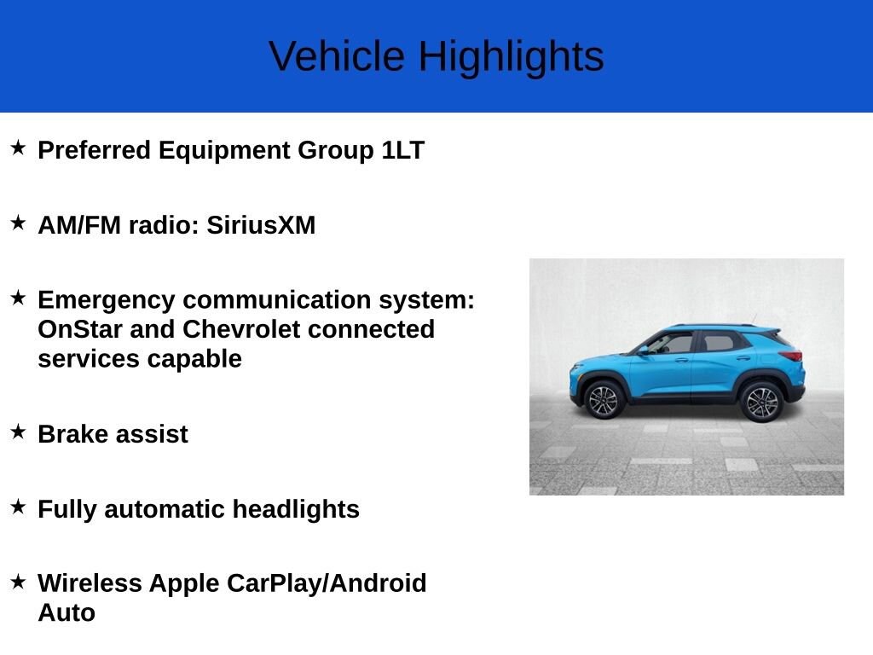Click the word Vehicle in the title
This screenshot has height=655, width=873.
click(337, 55)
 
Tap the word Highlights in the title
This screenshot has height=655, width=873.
click(512, 57)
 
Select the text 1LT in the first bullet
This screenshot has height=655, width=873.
click(403, 150)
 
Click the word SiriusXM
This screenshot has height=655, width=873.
click(261, 225)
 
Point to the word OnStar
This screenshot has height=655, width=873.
click(80, 329)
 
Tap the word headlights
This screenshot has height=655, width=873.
click(296, 510)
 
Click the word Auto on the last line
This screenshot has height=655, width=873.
click(66, 612)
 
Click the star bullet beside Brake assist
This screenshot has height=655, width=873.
click(19, 431)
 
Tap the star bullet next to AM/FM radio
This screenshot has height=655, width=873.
click(19, 223)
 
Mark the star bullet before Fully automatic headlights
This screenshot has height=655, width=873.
click(19, 507)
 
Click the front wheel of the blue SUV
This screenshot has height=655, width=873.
click(604, 400)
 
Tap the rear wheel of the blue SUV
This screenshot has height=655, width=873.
click(761, 403)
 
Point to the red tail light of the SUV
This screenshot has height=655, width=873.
click(792, 356)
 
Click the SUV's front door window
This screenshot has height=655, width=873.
click(672, 343)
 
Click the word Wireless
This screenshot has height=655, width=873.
click(90, 583)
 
